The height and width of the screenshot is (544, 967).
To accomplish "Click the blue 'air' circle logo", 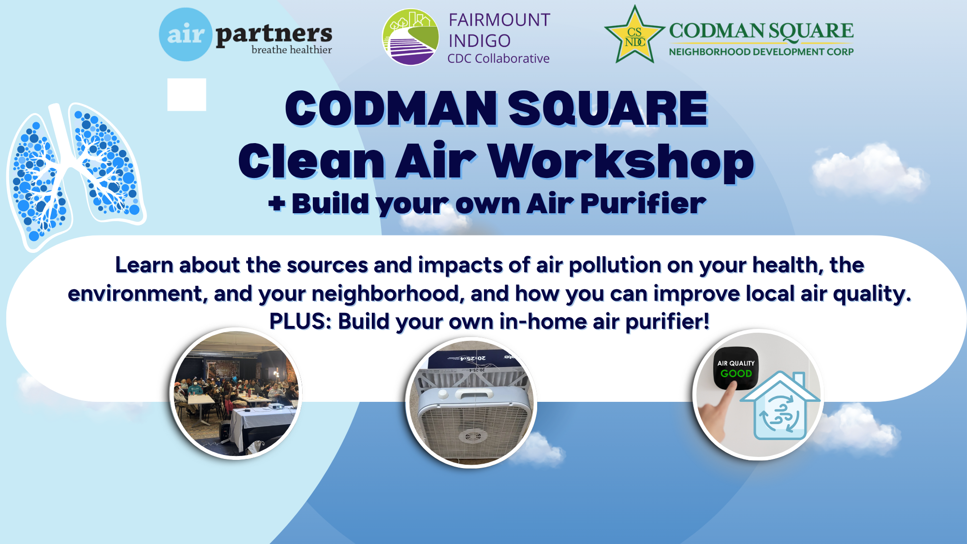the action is pos(186,34).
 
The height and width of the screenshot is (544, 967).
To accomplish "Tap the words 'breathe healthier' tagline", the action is pos(292,50).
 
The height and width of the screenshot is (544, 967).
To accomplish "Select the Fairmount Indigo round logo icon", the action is pos(410,37).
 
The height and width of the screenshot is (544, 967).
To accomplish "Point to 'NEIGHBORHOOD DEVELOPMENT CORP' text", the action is pos(761,52).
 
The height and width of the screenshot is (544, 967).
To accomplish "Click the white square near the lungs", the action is pos(187,95).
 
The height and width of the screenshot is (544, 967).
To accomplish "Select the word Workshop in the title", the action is pos(621,161).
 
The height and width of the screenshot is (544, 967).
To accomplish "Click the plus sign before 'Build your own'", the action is pos(277,204).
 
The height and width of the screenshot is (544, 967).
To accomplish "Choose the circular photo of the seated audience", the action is pos(236,394).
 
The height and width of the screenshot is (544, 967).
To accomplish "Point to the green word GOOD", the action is pos(736,373).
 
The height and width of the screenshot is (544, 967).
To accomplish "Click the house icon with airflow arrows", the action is pos(780,406).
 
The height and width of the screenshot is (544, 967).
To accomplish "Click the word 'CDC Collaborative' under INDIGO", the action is pos(498,59).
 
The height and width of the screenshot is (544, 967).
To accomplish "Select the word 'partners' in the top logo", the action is pos(274,34).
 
